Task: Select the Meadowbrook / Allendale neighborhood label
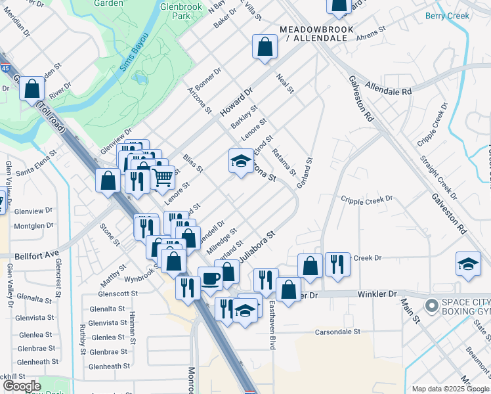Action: click(x=316, y=34)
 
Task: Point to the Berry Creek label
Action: click(x=448, y=15)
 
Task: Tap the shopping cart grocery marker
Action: click(x=163, y=177)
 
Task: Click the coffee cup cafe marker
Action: click(x=210, y=278)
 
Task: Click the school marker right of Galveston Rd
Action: click(x=468, y=263)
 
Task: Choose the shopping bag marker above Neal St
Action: click(x=264, y=47)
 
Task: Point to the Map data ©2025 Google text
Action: click(x=450, y=389)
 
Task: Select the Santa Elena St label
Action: click(x=38, y=172)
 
